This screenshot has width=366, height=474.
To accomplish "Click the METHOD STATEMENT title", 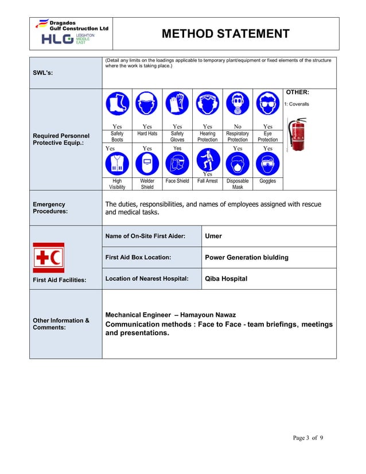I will coord(225,34).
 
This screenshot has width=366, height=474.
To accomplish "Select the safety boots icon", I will coord(117,104).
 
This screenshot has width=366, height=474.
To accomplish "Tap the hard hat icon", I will coord(147,104).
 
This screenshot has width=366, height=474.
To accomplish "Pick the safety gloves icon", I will coord(177,104).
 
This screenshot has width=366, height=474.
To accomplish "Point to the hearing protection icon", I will coord(208,104).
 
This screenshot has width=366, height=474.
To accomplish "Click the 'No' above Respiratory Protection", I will coord(237,126).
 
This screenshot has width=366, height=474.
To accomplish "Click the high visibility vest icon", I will coord(117,164).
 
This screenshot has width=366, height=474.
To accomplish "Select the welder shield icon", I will coord(147,164).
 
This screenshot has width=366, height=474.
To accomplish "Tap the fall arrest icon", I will coord(208,160).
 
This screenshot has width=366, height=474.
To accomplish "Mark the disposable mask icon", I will coord(237,164).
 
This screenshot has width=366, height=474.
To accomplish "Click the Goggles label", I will coord(267,181).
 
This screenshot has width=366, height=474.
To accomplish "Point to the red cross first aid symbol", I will coord(49,257).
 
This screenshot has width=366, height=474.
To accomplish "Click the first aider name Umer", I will coord(213,236).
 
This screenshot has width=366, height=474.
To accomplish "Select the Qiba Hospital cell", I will coord(226,279).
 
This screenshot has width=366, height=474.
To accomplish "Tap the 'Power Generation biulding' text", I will coord(247,257).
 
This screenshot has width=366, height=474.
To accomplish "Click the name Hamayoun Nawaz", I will coord(210,315).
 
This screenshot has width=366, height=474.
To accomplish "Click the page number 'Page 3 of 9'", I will coord(308,438).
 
